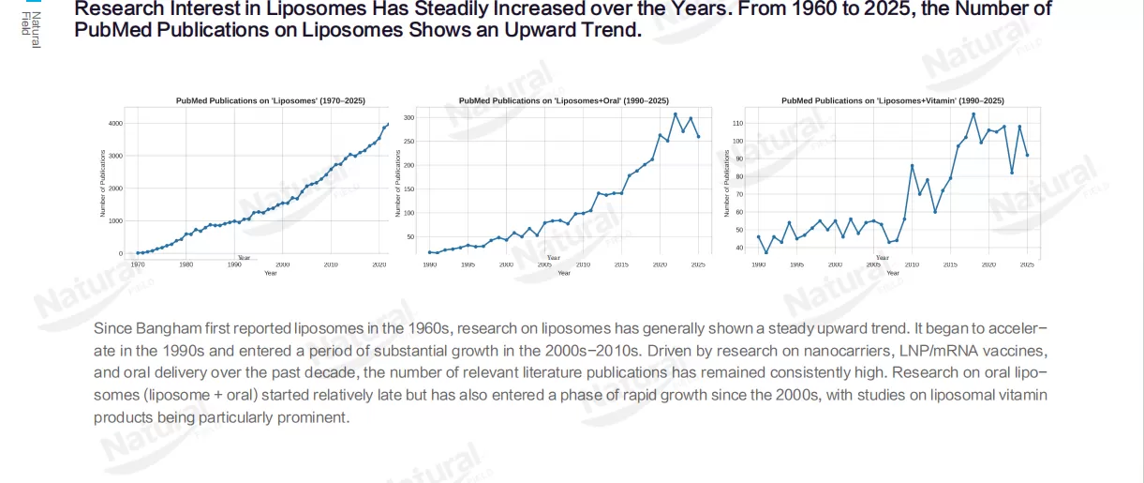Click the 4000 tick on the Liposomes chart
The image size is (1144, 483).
(x=112, y=124)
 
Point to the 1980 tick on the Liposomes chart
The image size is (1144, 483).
(x=186, y=265)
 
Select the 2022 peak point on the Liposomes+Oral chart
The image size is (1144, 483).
(x=675, y=114)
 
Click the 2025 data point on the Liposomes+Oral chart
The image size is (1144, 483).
(x=698, y=137)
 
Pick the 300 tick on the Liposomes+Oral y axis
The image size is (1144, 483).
(x=409, y=118)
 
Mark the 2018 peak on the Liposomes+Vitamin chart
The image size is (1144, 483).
(x=973, y=114)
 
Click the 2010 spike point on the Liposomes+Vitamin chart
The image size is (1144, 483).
(x=912, y=166)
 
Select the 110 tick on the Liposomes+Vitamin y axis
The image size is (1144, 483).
(x=737, y=123)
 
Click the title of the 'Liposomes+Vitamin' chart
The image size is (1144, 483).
(x=892, y=100)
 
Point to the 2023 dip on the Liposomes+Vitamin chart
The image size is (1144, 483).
(x=1012, y=173)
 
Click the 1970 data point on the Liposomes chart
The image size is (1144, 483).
(x=138, y=253)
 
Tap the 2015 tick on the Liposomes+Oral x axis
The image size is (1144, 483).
(x=621, y=265)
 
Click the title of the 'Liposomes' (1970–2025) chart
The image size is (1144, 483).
(x=271, y=100)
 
